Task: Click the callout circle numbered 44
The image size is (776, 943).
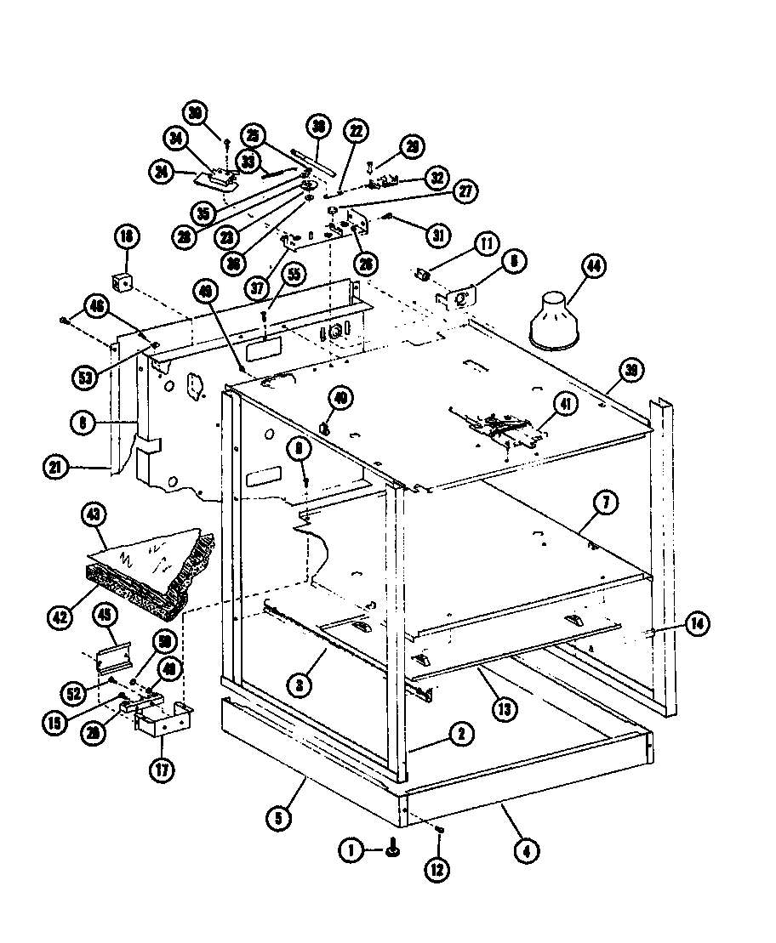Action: point(592,267)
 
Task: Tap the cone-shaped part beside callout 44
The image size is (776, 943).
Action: point(556,321)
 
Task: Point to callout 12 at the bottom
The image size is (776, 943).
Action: point(439,870)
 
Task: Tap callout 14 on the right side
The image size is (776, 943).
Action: point(698,623)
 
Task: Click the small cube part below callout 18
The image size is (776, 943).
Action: point(123,281)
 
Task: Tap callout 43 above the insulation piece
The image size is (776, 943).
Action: point(94,514)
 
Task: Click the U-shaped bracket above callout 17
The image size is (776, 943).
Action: point(163,722)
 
